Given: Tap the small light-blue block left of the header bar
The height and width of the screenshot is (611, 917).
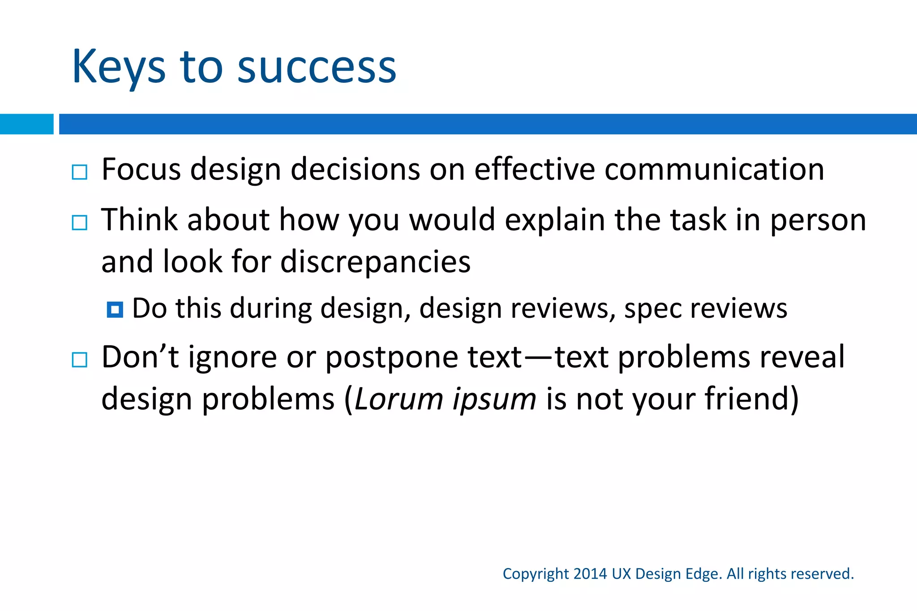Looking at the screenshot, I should (26, 124).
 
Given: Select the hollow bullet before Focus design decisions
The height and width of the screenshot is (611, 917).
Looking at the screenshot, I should (80, 172).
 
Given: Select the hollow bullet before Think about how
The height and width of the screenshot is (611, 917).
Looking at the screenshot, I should (80, 222).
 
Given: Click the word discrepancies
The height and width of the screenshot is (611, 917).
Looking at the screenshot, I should (375, 262).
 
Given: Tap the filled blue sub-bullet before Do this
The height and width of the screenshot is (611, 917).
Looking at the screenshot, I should (115, 310).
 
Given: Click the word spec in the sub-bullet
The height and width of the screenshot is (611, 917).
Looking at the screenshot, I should (652, 309).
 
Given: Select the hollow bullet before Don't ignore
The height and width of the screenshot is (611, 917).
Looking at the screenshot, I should (80, 359).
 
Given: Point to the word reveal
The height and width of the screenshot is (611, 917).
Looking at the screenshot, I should (802, 357).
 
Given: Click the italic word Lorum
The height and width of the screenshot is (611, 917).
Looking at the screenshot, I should (399, 399).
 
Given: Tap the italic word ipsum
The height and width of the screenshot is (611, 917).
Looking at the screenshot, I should (494, 399).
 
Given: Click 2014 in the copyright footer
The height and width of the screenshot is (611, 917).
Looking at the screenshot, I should (590, 574).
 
